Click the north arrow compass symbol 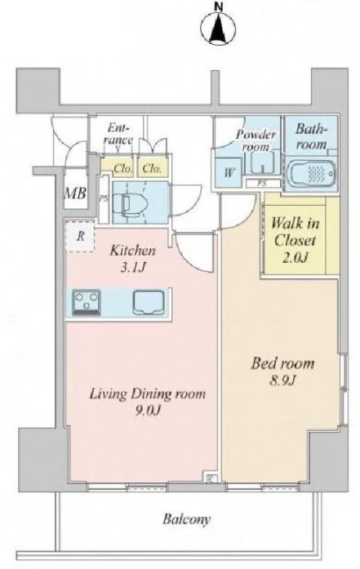pos(218,28)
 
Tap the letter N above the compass pos(219,6)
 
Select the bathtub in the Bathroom pos(310,174)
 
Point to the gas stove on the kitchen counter pos(87,302)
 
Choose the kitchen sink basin pos(149,302)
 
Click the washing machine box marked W pos(229,172)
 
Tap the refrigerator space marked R pos(80,236)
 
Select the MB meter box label pos(75,193)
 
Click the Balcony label pos(187,519)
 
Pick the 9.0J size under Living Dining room pos(148,411)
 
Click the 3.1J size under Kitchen pos(133,268)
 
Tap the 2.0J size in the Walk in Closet pos(295,257)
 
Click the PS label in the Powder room pos(262,183)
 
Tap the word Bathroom pos(311,137)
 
